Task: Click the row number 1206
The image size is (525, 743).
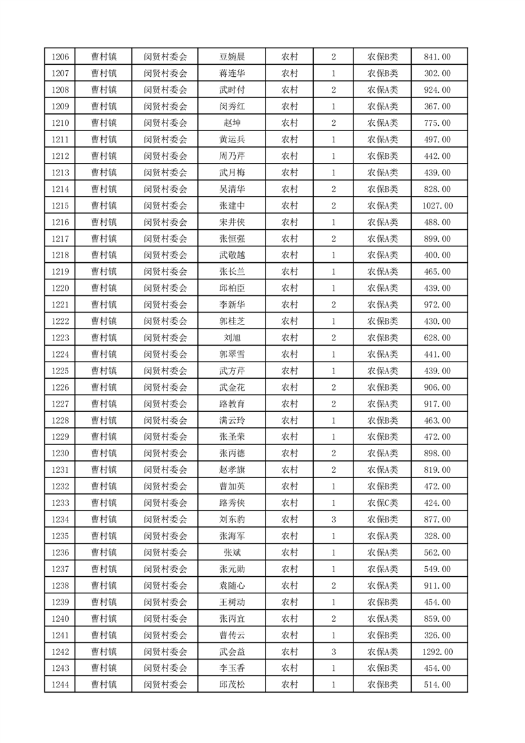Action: pyautogui.click(x=59, y=57)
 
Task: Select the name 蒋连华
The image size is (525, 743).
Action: pyautogui.click(x=232, y=74)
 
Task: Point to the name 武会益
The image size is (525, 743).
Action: pyautogui.click(x=232, y=652)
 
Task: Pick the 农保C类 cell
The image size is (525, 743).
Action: pyautogui.click(x=383, y=503)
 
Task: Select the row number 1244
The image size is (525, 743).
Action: pyautogui.click(x=59, y=685)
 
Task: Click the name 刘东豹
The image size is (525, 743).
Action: pyautogui.click(x=232, y=520)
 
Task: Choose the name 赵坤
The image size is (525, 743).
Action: pyautogui.click(x=232, y=123)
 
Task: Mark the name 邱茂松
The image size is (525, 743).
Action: pyautogui.click(x=232, y=685)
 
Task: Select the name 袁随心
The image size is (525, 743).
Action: pyautogui.click(x=232, y=586)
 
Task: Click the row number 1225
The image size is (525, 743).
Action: pyautogui.click(x=59, y=371)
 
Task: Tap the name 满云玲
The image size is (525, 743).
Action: pyautogui.click(x=232, y=421)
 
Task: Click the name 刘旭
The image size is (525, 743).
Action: pyautogui.click(x=232, y=338)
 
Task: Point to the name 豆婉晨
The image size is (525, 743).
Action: pyautogui.click(x=232, y=57)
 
